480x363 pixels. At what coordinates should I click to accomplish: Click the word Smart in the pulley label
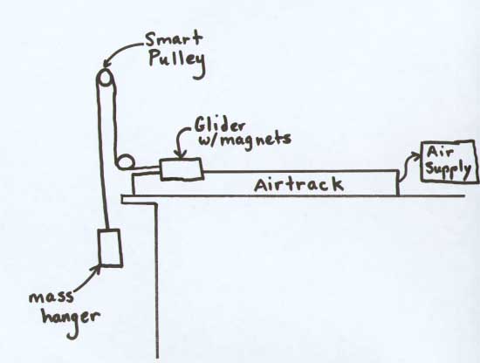click(174, 40)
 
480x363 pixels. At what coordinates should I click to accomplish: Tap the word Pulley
click(176, 63)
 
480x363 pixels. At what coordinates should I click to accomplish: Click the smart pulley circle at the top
click(106, 78)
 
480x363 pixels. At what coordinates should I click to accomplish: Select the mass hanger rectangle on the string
click(110, 248)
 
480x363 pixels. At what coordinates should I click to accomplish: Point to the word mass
click(51, 297)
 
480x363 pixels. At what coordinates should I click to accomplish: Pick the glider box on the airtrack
click(182, 169)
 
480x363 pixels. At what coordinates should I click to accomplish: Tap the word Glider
click(220, 126)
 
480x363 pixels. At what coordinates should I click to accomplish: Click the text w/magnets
click(245, 140)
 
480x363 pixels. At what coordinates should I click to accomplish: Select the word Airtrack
click(298, 185)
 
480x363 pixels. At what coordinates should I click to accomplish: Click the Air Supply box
click(449, 162)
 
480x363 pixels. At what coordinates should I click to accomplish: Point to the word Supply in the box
click(448, 170)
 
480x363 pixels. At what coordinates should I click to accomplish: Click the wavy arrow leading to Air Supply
click(408, 165)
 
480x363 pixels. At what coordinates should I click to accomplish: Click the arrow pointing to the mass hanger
click(87, 277)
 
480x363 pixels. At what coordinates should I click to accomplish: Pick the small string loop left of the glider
click(125, 161)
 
